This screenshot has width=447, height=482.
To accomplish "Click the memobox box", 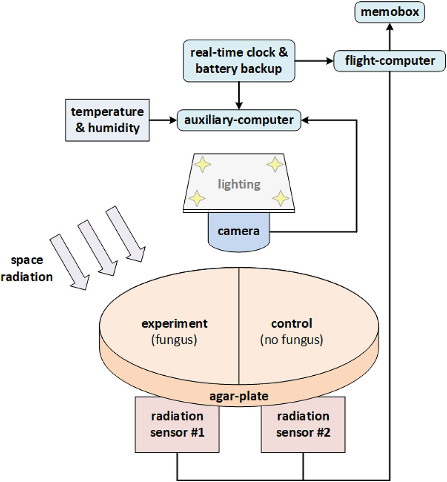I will tap(389, 12).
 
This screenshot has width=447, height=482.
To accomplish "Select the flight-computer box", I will tap(389, 61).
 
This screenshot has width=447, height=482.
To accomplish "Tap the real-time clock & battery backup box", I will tap(239, 61).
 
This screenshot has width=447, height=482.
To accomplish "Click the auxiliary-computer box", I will tap(239, 120).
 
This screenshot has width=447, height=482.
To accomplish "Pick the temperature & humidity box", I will tap(107, 120).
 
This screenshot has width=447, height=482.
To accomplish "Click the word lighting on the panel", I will tap(239, 184).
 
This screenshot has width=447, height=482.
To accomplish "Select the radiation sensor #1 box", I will tap(177, 424).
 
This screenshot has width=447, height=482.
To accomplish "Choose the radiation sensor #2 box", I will tap(303, 424).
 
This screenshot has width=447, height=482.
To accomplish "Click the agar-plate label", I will tap(239, 396).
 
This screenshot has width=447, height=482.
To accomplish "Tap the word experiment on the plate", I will tap(174, 324).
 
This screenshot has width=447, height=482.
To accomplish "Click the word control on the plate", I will tap(292, 324).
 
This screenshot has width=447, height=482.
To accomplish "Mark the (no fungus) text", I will tap(292, 340).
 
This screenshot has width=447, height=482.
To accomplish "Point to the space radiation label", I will tap(27, 268).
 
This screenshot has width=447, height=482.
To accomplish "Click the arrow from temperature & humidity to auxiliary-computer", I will tap(163, 120).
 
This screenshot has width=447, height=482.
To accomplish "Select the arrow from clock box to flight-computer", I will tap(314, 61).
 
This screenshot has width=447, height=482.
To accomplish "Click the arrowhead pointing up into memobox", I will tap(389, 27).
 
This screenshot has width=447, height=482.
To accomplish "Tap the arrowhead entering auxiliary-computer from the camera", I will tap(306, 120).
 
